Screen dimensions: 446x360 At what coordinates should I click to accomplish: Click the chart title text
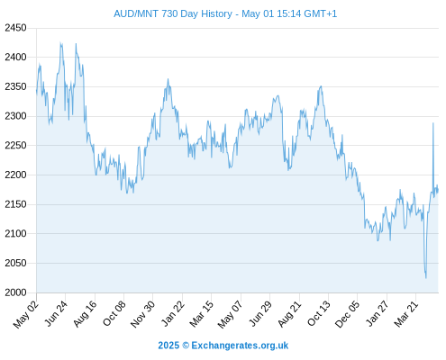(225, 13)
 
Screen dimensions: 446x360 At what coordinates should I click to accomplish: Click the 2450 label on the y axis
(15, 28)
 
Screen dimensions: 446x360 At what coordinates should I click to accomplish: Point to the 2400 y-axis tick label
(15, 57)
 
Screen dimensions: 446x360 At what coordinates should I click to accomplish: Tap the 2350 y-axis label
(15, 86)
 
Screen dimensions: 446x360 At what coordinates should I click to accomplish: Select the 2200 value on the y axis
(15, 175)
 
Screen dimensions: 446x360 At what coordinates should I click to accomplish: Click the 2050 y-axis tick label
(15, 263)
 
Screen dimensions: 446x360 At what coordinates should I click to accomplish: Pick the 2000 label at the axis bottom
(15, 292)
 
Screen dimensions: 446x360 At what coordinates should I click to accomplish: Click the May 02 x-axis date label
(26, 314)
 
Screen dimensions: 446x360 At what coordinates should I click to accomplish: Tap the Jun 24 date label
(56, 313)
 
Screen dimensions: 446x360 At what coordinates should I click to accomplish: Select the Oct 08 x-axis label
(114, 313)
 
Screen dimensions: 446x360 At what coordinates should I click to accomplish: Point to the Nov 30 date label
(143, 314)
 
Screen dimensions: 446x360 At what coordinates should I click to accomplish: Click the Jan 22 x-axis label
(173, 313)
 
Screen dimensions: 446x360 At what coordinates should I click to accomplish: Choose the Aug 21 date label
(289, 314)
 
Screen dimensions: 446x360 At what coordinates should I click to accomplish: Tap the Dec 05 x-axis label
(347, 314)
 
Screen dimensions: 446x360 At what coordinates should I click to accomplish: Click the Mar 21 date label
(406, 314)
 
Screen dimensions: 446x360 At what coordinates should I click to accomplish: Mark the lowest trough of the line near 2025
(426, 278)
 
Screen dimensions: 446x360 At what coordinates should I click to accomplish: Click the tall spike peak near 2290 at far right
(433, 123)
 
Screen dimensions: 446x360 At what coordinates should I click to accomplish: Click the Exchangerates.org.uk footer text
(240, 346)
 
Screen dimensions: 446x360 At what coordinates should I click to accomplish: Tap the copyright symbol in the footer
(186, 346)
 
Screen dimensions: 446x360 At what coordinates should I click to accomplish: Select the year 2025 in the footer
(168, 346)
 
